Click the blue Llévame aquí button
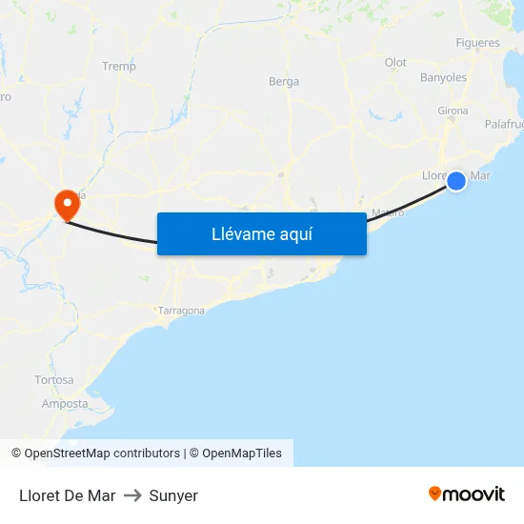click(261, 233)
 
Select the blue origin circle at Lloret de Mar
click(456, 180)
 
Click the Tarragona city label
click(181, 311)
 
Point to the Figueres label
click(477, 43)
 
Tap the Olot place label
click(395, 63)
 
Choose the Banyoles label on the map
click(443, 77)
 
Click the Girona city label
click(453, 111)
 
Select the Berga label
click(284, 82)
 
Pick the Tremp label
click(119, 67)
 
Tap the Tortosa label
click(54, 380)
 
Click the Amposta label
click(65, 404)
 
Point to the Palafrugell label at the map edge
click(503, 125)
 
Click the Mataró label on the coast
click(388, 212)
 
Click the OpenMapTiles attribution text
click(242, 453)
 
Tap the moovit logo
click(467, 494)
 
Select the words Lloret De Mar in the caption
click(67, 495)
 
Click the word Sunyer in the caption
click(173, 495)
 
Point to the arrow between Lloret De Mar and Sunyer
click(132, 495)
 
